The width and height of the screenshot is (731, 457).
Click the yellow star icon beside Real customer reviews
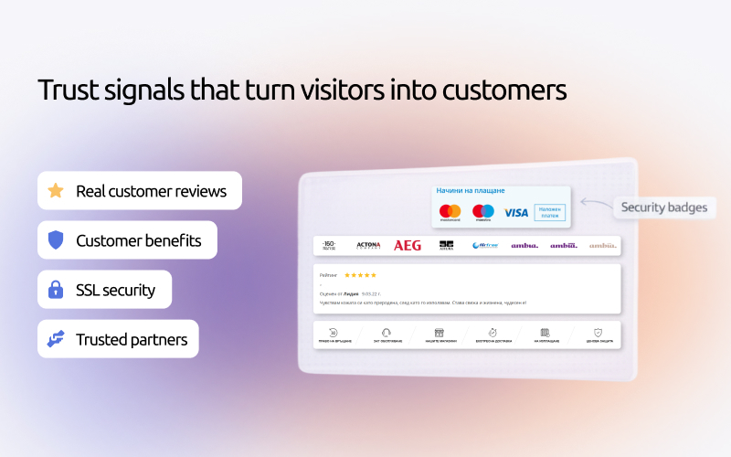point(56,191)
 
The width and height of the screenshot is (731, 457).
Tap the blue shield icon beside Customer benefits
point(56,240)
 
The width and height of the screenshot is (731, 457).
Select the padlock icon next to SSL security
point(56,290)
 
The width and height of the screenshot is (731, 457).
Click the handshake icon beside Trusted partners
point(56,339)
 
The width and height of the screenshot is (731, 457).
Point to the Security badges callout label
point(663,207)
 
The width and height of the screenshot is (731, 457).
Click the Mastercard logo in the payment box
point(450,212)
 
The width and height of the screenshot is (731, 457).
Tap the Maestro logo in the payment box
point(483,212)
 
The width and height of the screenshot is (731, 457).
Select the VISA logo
point(516,212)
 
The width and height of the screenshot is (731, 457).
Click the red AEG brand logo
point(408,245)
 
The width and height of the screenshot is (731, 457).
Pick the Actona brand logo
point(368,245)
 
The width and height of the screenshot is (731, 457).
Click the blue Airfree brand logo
point(484,245)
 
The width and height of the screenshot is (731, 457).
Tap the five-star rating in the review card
point(359,275)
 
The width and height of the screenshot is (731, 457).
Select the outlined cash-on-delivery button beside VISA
point(549,212)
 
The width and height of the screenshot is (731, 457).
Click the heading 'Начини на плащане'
point(470,191)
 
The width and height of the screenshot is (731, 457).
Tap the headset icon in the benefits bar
point(387,333)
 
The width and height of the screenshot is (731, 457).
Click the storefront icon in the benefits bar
point(439,333)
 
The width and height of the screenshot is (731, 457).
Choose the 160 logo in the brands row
point(329,245)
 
